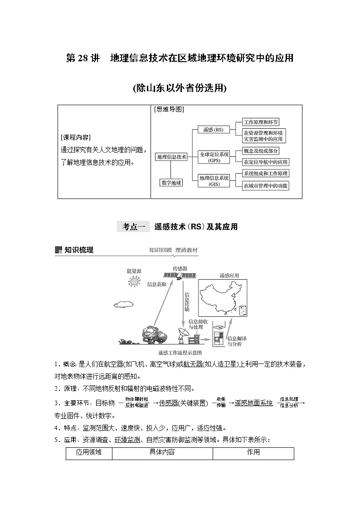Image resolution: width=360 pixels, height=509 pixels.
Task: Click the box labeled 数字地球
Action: [171, 183]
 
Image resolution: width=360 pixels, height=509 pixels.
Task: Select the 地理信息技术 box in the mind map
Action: [171, 157]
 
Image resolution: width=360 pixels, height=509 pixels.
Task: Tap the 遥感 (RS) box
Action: [213, 130]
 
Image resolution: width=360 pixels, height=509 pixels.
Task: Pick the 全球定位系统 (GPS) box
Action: [214, 157]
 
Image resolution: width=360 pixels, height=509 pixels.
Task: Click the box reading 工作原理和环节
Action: [261, 122]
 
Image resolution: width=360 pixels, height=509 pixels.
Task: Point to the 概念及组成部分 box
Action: [261, 151]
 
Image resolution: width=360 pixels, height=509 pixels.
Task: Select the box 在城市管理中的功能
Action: [265, 185]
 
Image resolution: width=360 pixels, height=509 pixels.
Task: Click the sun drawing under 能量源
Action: [134, 281]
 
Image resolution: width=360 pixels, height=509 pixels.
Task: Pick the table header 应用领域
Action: [89, 452]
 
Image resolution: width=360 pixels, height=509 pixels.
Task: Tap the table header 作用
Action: [253, 452]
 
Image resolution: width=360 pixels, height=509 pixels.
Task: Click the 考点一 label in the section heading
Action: [133, 227]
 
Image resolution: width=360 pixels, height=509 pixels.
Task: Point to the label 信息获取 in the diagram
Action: [157, 284]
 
